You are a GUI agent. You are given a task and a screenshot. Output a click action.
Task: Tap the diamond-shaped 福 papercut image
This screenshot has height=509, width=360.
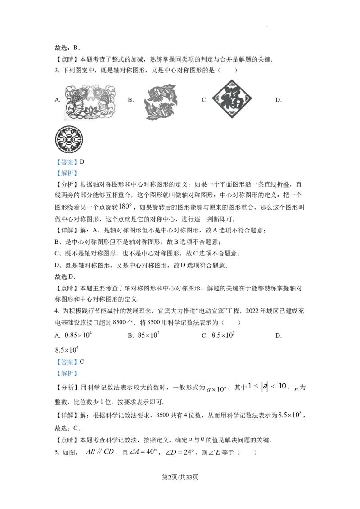pyautogui.click(x=232, y=98)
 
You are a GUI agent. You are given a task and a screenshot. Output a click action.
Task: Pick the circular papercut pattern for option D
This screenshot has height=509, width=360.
pyautogui.click(x=69, y=140)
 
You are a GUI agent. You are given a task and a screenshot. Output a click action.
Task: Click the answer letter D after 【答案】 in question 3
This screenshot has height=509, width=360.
pyautogui.click(x=82, y=162)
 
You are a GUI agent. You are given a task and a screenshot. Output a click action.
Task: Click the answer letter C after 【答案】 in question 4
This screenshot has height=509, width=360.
pyautogui.click(x=82, y=362)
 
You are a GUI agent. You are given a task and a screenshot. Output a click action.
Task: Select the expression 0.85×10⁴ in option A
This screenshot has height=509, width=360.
pyautogui.click(x=78, y=335)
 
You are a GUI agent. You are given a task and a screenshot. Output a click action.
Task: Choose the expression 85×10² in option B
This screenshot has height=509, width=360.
pyautogui.click(x=148, y=335)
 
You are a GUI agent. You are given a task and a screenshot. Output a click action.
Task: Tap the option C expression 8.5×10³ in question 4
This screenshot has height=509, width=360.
pyautogui.click(x=223, y=335)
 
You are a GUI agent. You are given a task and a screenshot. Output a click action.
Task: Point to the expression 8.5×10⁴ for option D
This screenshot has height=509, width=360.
pyautogui.click(x=67, y=350)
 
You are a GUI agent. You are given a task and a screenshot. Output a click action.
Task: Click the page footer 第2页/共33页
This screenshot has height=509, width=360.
pyautogui.click(x=180, y=477)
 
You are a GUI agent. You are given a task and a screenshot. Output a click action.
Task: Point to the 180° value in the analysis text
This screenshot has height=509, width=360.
pyautogui.click(x=126, y=206)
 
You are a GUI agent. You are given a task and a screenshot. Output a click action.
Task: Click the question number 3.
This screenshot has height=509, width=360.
pyautogui.click(x=57, y=70)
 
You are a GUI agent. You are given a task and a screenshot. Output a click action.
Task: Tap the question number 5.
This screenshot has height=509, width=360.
pyautogui.click(x=57, y=452)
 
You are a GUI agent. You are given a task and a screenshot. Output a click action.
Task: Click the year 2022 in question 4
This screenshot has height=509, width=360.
pyautogui.click(x=252, y=311)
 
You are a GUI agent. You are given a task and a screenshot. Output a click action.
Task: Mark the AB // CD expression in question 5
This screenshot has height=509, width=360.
pyautogui.click(x=100, y=451)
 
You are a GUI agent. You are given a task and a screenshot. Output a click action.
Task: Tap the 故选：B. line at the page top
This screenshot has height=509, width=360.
pyautogui.click(x=67, y=48)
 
